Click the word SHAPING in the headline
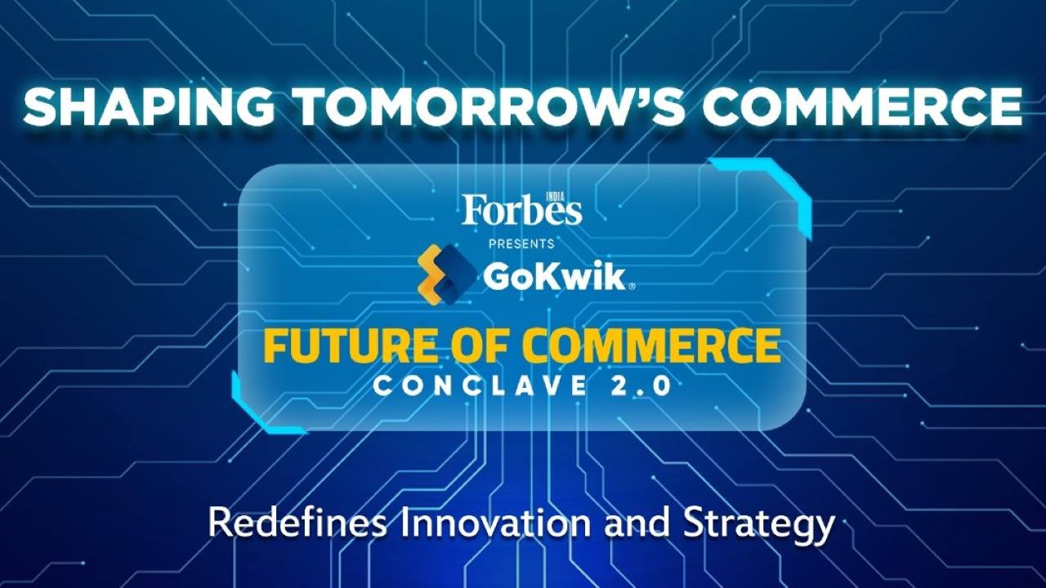click(149, 106)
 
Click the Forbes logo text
click(522, 210)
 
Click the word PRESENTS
click(521, 243)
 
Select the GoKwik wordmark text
click(553, 277)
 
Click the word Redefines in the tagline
click(297, 523)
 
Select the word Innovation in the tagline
click(496, 523)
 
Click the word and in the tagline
click(637, 523)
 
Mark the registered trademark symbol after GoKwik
click(632, 287)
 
